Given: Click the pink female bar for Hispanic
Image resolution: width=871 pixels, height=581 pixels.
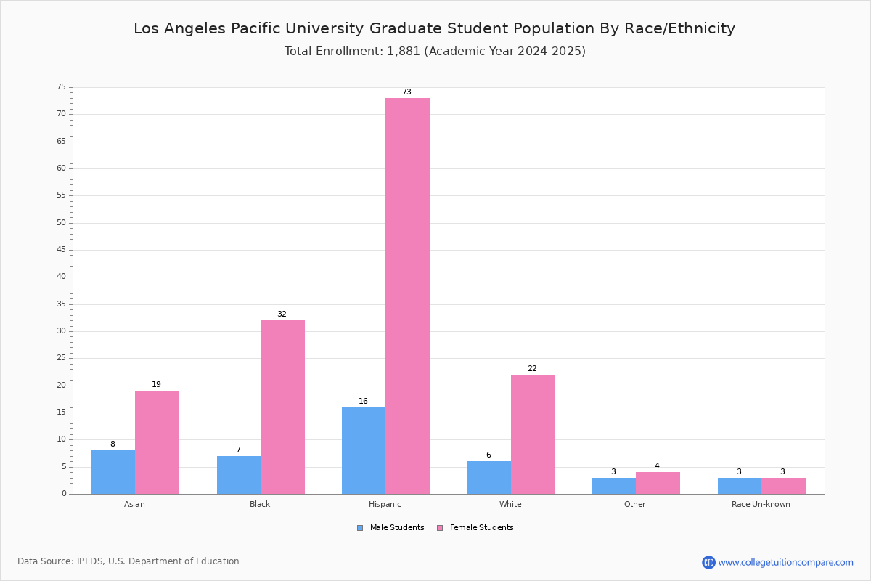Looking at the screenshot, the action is click(x=407, y=296).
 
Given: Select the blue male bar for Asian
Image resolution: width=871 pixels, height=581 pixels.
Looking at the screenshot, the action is click(x=113, y=472).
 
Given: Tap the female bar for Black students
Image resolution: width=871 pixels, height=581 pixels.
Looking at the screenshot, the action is click(x=282, y=407).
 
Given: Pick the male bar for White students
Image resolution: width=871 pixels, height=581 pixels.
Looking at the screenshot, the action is click(x=489, y=477).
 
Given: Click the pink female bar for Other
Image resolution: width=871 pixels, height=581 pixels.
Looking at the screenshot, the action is click(x=658, y=483).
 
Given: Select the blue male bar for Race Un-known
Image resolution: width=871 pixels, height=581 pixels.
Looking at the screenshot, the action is click(x=740, y=486).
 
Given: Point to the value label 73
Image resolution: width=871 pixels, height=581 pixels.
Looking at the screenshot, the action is click(x=406, y=92).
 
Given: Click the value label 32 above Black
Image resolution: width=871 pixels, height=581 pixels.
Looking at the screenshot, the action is click(x=282, y=314).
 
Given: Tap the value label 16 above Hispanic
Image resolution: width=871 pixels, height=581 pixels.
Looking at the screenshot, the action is click(x=363, y=401).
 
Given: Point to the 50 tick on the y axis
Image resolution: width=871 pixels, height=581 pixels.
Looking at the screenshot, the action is click(x=62, y=222).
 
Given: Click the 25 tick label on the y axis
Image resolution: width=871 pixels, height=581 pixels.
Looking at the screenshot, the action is click(x=62, y=358).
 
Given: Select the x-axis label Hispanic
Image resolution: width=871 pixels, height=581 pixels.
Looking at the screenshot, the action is click(x=385, y=504).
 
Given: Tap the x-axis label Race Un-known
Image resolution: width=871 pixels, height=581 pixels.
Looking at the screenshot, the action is click(x=761, y=504).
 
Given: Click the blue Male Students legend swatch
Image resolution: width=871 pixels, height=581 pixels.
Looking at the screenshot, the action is click(x=360, y=528).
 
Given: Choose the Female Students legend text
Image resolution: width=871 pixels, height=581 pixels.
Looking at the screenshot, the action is click(x=481, y=528).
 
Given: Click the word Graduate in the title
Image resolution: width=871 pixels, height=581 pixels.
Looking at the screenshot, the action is click(x=405, y=28).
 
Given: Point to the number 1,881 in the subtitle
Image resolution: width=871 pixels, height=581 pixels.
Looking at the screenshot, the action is click(x=404, y=52).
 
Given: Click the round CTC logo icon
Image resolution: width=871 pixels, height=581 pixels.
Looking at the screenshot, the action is click(x=708, y=562).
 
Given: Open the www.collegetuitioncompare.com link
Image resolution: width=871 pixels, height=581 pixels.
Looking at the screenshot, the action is click(x=785, y=562).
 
